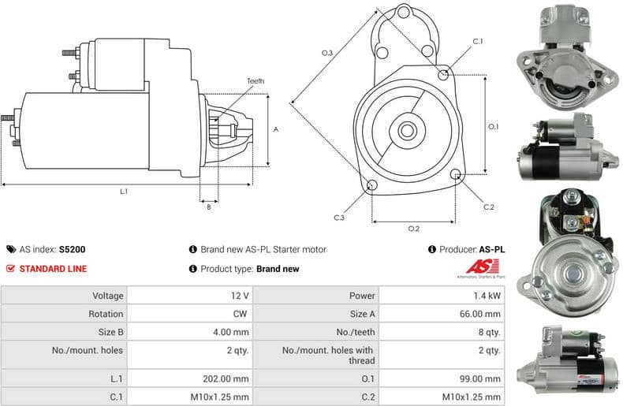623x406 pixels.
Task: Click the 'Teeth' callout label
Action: point(255,81)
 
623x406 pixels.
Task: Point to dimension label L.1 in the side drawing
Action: point(124,192)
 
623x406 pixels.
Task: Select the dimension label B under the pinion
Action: point(209,207)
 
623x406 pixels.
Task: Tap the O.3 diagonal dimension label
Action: point(326,53)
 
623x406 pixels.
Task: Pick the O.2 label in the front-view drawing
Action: point(413,229)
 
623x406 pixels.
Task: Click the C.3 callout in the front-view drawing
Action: point(339,218)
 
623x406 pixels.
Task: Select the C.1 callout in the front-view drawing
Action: point(478,41)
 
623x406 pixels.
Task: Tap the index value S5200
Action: point(73,249)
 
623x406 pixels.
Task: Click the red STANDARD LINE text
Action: point(52,268)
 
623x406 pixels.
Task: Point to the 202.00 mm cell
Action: point(233,378)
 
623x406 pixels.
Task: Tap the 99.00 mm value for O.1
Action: point(483,378)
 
